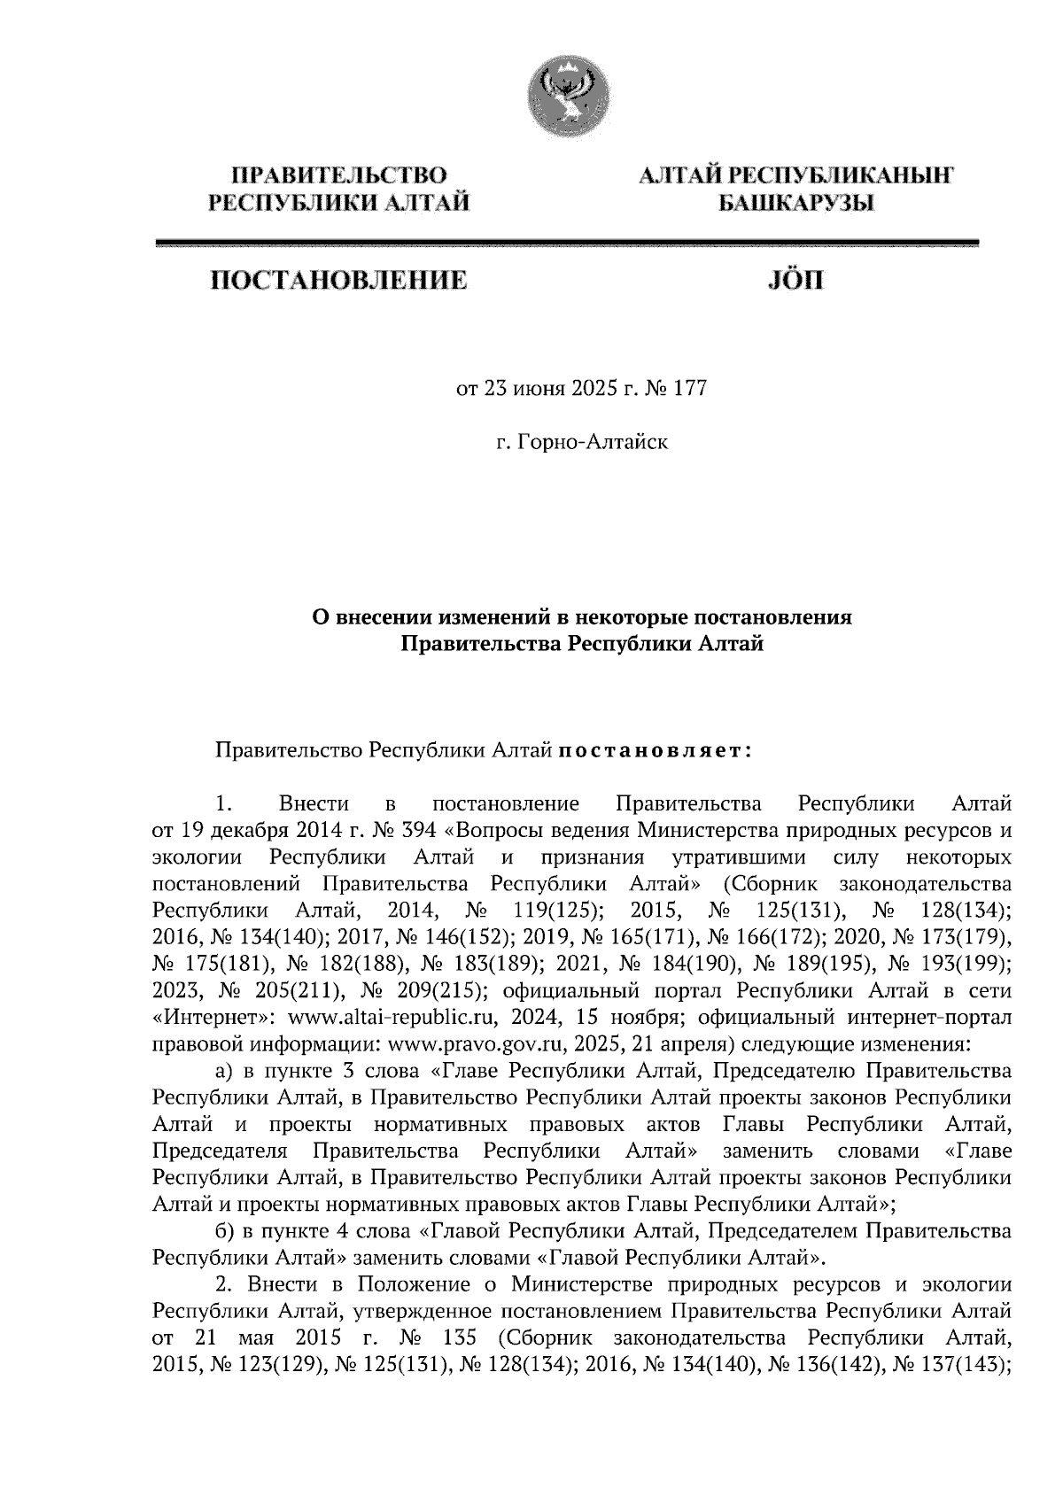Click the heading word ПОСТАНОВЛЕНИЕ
tap(338, 282)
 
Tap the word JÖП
tap(793, 282)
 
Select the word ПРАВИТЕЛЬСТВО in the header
tap(338, 176)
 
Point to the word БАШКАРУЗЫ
tap(795, 204)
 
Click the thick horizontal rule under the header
tap(566, 242)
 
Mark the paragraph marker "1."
tap(224, 804)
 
